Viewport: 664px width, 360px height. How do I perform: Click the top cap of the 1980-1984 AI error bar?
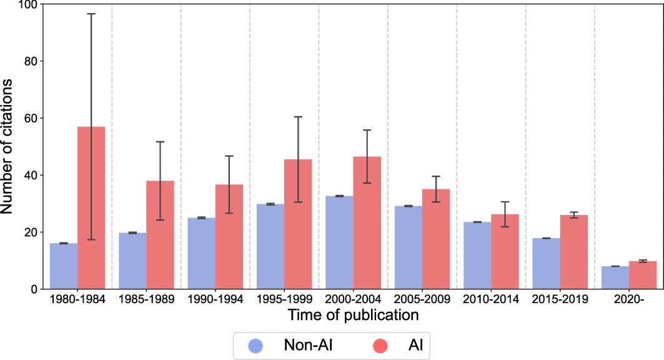point(91,14)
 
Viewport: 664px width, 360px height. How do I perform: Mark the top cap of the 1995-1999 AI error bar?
point(298,117)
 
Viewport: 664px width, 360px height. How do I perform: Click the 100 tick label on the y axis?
point(28,4)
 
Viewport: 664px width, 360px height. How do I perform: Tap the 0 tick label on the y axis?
point(34,289)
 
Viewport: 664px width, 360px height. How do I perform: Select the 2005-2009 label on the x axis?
point(422,299)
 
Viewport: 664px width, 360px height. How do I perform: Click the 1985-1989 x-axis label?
point(146,299)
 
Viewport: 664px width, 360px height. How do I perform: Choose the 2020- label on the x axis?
point(628,299)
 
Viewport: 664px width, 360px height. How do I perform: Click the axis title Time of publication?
point(352,316)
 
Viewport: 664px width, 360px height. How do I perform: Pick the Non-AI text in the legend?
point(307,345)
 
